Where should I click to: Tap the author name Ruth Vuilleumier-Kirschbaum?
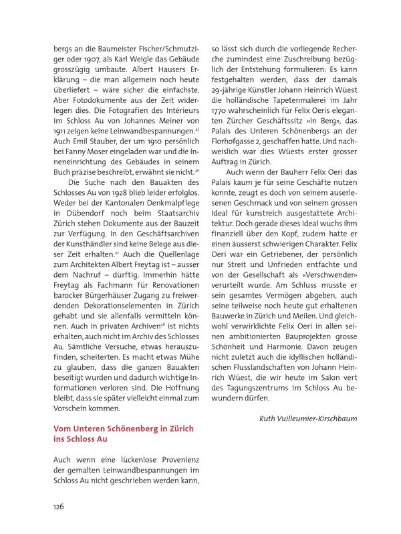click(307, 419)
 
